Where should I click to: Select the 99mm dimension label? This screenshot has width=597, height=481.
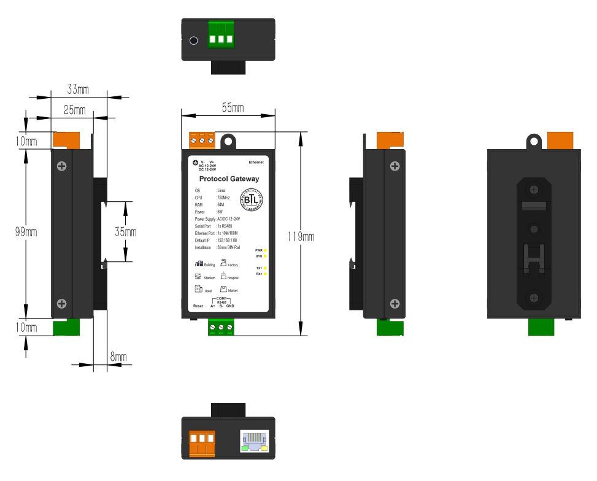click(x=28, y=231)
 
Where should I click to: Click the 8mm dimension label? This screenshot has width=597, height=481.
click(x=118, y=356)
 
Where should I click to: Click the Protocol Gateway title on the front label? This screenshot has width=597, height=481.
click(x=229, y=179)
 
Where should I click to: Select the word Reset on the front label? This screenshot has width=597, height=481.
click(x=198, y=306)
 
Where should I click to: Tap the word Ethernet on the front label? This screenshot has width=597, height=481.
click(x=256, y=162)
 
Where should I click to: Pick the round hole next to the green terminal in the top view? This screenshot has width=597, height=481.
click(x=194, y=41)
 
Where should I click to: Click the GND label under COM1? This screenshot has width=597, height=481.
click(x=229, y=306)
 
